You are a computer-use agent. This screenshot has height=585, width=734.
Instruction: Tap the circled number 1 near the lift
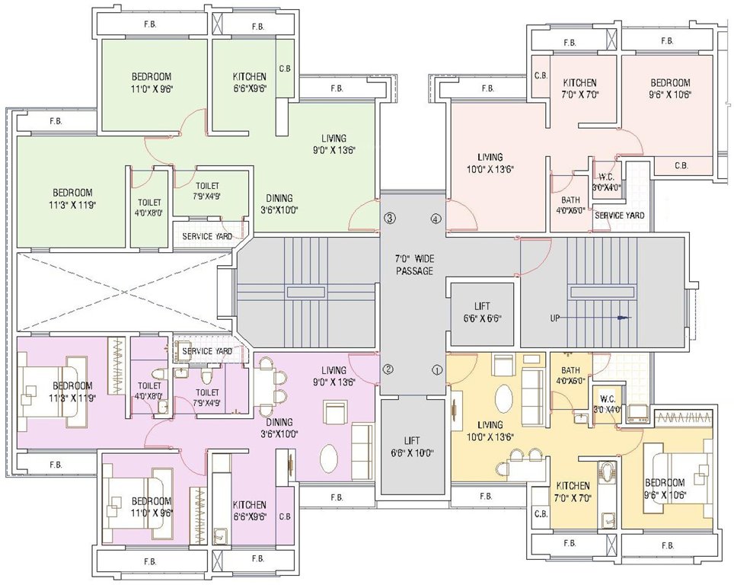[437, 370]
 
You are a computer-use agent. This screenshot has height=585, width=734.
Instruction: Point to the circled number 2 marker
[388, 370]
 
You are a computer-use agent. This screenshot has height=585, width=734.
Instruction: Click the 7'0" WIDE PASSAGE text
[413, 265]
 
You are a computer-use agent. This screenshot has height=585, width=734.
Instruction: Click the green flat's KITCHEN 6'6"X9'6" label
[250, 82]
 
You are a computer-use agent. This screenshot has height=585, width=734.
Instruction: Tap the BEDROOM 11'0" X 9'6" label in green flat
[152, 82]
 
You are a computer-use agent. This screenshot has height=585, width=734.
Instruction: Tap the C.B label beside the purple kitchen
[286, 517]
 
